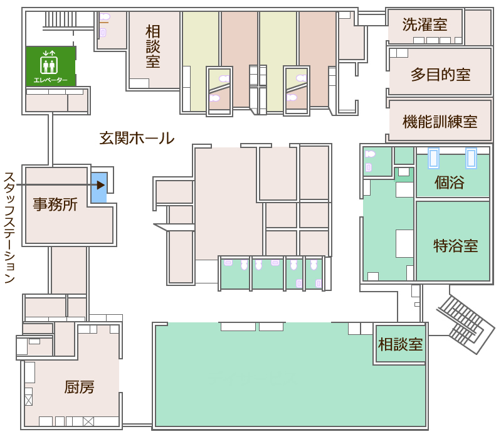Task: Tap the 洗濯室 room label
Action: coord(425,24)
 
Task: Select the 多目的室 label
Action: coord(440,75)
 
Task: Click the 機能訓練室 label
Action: coord(440,122)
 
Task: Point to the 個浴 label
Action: coord(449,182)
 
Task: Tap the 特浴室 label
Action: coord(456,246)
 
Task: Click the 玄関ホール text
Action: coord(137,138)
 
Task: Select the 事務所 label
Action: coord(55,204)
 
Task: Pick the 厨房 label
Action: coord(79,387)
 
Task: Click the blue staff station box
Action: coord(99,188)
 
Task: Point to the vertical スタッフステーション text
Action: coord(9,228)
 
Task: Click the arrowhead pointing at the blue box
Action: coord(101,185)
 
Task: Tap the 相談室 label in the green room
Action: coord(400,344)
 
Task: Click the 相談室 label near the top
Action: coord(153,46)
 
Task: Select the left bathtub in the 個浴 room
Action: coord(433,158)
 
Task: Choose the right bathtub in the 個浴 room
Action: coord(472,158)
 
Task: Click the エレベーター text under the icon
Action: coord(51,80)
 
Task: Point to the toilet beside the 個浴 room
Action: coord(370,154)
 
